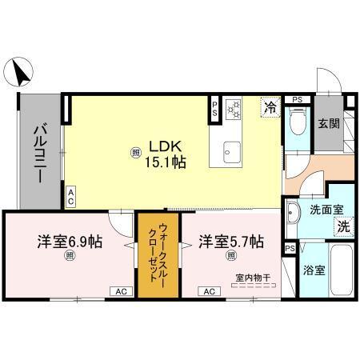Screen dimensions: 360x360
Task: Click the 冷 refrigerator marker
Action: (270, 106)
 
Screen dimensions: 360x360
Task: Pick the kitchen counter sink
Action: (232, 150)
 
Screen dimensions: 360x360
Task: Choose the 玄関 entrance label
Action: (329, 125)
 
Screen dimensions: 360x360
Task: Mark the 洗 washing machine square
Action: (342, 226)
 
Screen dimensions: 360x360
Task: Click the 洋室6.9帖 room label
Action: (69, 240)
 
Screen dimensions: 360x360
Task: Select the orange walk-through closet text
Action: (156, 253)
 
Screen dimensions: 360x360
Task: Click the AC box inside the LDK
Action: (70, 197)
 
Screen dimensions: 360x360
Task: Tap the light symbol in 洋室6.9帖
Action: (70, 256)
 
